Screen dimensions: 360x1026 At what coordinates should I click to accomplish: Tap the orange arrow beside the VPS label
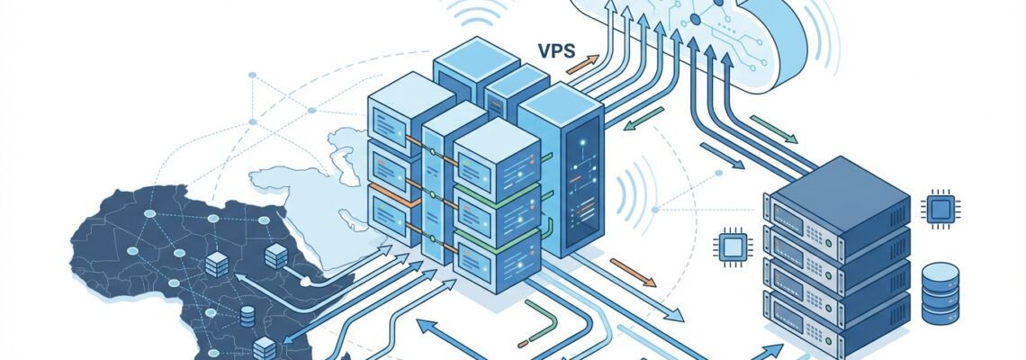582,65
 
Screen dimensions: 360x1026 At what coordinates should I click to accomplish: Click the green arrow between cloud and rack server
773,129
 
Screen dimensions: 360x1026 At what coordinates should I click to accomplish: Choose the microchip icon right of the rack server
941,206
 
